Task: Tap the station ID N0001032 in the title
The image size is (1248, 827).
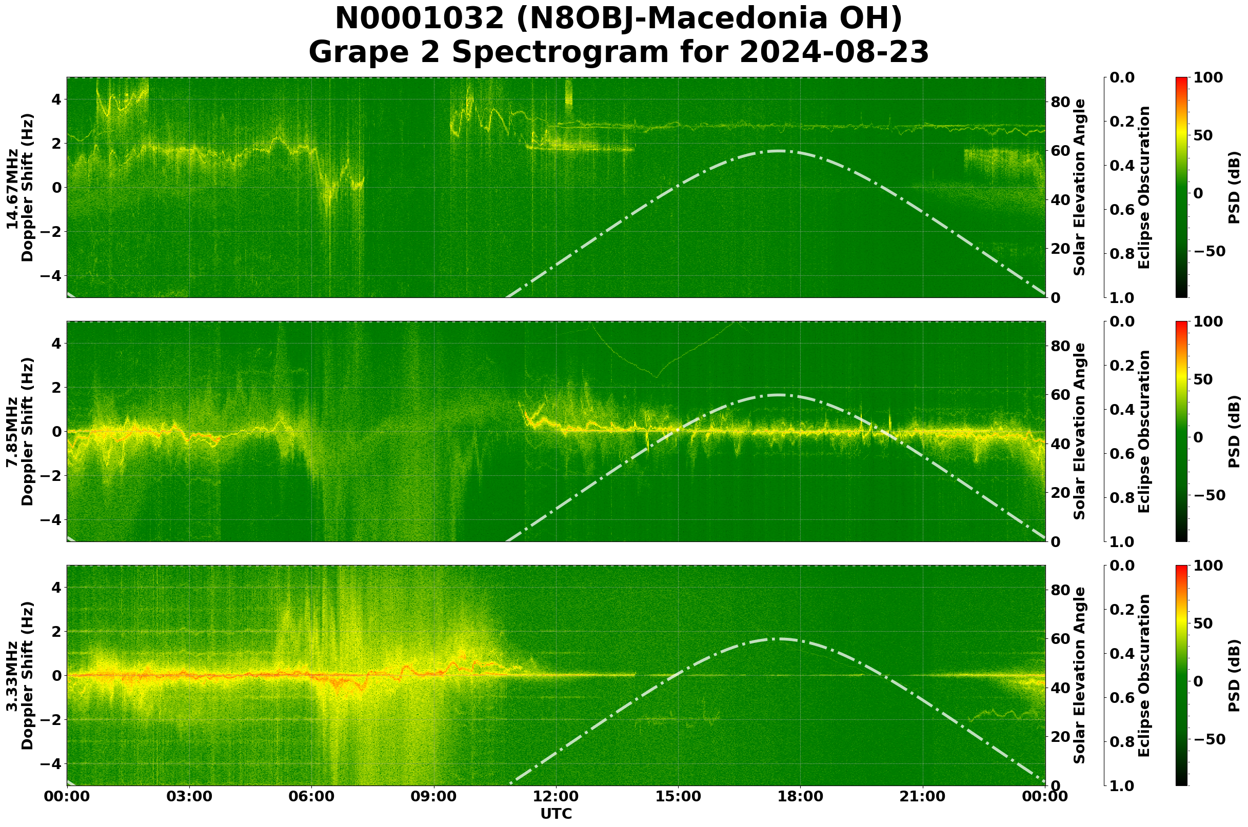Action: click(x=420, y=19)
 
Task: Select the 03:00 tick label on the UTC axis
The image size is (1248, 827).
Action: click(x=189, y=796)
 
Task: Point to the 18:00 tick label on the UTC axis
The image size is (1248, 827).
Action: click(x=800, y=796)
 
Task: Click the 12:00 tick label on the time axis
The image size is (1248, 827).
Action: click(x=556, y=796)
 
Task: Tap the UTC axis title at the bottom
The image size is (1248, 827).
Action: click(x=556, y=814)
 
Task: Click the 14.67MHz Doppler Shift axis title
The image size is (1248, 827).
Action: click(x=19, y=188)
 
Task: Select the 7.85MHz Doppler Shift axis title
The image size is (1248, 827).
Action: click(x=19, y=431)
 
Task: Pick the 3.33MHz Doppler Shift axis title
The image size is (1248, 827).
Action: click(x=19, y=676)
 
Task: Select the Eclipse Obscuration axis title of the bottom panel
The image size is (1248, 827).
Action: click(x=1143, y=676)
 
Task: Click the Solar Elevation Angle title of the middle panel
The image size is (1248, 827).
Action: click(x=1080, y=431)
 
